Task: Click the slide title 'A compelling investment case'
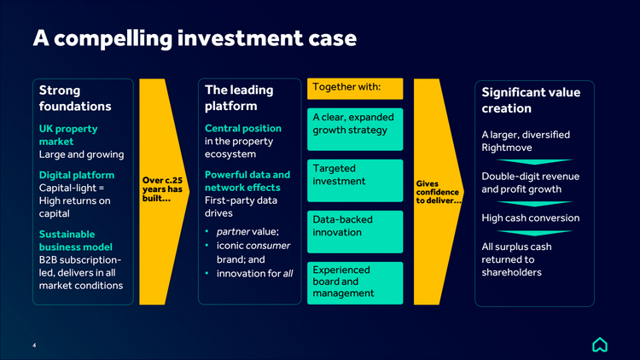194,38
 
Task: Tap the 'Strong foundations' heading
75,98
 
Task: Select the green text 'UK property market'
68,135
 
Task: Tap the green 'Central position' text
243,128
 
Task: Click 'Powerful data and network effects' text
247,181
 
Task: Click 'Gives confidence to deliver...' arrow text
438,192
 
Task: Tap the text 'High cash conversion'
530,218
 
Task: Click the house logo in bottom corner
600,345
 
